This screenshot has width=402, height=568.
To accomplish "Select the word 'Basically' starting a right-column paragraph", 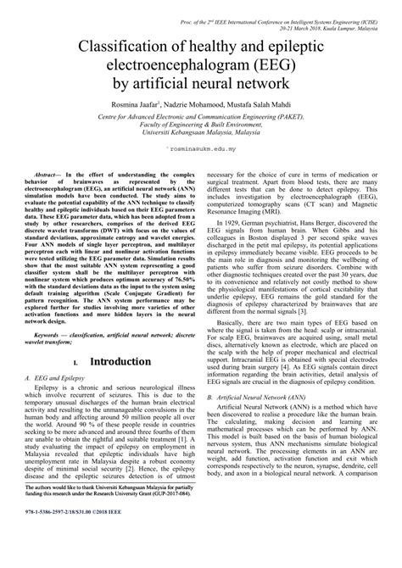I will [235, 319].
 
